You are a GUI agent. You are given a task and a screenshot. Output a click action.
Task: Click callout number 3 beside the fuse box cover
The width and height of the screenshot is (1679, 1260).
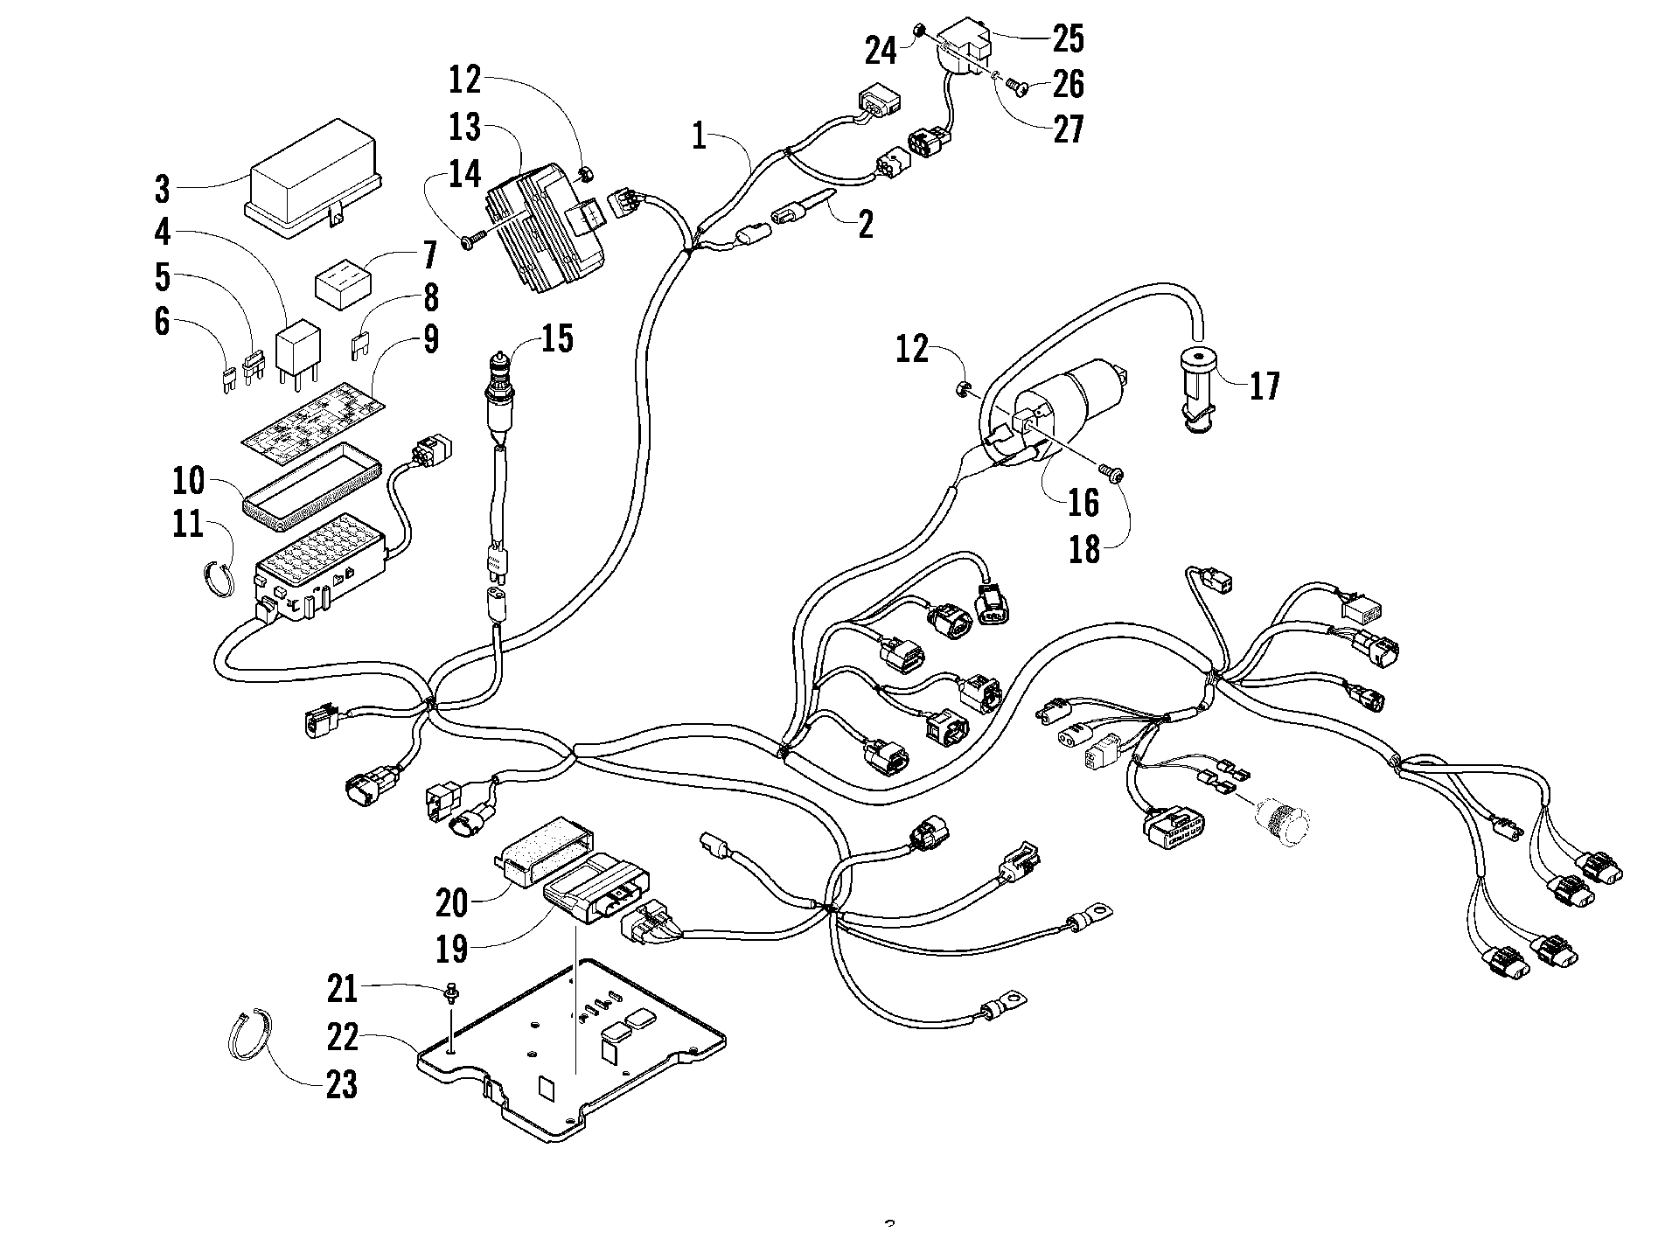pyautogui.click(x=163, y=188)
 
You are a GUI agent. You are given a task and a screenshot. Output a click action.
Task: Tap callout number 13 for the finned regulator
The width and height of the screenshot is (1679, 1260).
pyautogui.click(x=465, y=128)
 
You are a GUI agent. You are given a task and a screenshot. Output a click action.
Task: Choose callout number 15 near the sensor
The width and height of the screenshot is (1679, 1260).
pyautogui.click(x=556, y=338)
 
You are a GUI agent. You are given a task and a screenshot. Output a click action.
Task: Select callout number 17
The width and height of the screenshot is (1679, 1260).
pyautogui.click(x=1264, y=385)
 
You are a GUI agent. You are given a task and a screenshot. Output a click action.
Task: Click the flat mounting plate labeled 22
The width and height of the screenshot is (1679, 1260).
pyautogui.click(x=572, y=1049)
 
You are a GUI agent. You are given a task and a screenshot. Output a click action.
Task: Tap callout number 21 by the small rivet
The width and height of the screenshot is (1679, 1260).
pyautogui.click(x=342, y=990)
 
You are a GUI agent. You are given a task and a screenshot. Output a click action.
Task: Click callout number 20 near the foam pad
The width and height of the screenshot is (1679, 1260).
pyautogui.click(x=452, y=902)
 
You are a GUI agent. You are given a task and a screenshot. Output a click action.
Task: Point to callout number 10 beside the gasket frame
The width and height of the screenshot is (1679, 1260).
pyautogui.click(x=188, y=480)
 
